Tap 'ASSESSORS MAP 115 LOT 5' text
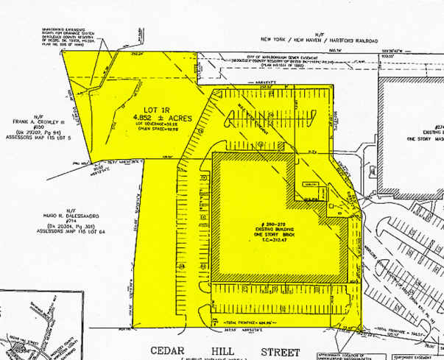[x=35, y=137]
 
